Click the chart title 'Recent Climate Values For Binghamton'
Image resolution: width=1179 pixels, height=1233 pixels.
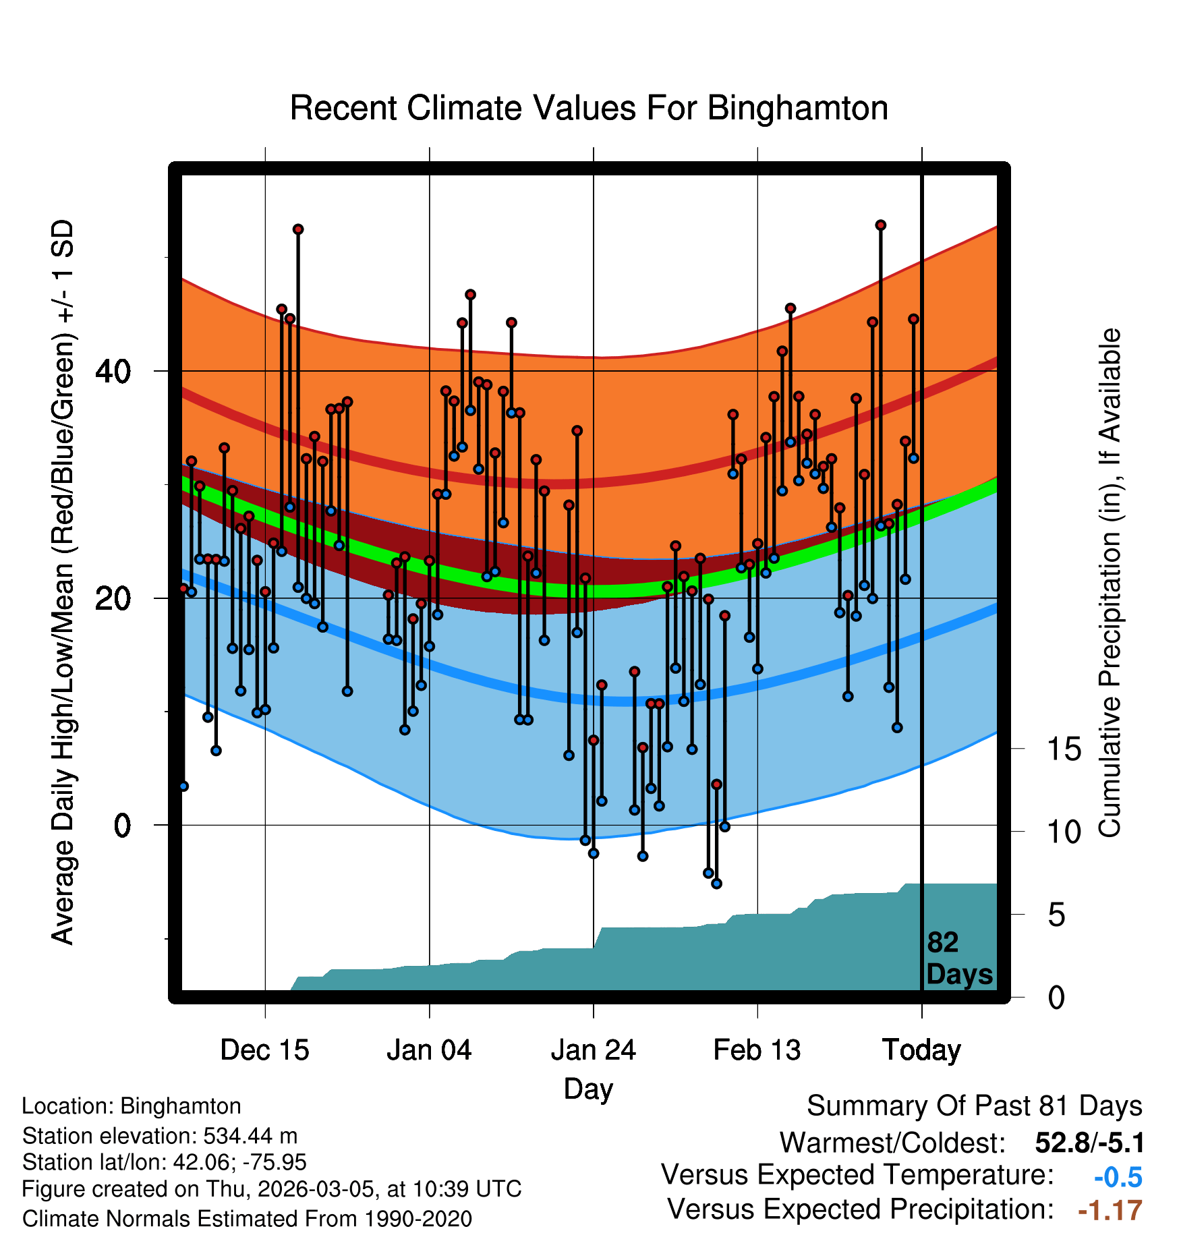588,108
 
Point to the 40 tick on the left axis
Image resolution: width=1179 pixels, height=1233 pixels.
113,371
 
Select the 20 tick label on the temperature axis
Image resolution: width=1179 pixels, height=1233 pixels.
113,598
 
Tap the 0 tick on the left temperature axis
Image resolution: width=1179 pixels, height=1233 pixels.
122,825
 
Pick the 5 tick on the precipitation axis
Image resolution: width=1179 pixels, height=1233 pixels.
1056,915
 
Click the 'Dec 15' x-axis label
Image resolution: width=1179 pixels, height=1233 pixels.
264,1050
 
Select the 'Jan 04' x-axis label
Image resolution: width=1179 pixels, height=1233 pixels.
429,1050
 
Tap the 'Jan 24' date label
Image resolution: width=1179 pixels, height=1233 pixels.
593,1050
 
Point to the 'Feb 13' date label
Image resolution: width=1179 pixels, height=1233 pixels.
757,1050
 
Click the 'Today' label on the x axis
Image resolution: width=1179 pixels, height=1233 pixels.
921,1050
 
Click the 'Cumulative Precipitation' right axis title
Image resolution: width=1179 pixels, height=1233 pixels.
1110,583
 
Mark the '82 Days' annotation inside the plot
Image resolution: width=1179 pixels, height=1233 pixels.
959,958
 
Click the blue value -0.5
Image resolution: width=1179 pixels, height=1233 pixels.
1118,1177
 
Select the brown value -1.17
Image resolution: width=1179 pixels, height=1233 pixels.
1110,1210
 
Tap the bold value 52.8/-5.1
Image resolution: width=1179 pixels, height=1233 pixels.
1089,1143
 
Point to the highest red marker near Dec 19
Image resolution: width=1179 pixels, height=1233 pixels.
298,229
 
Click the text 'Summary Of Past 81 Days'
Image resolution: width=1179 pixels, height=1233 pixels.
974,1106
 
